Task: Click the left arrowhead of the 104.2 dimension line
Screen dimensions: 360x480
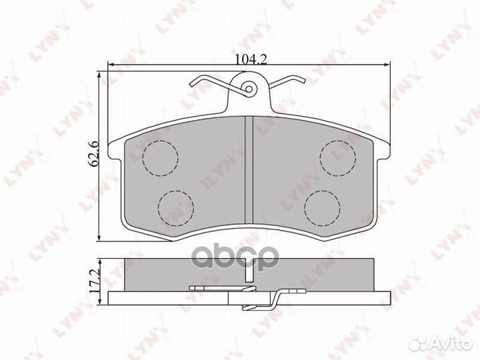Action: coord(111,65)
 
